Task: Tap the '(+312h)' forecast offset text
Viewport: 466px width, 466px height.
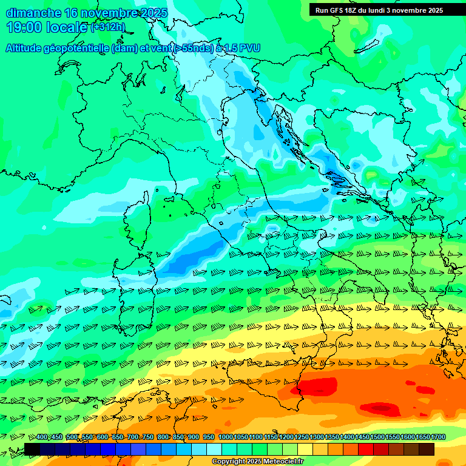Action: [x=108, y=27]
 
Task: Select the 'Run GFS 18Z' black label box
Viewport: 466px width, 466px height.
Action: [x=379, y=10]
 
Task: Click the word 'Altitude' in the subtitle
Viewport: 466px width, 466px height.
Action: [x=28, y=49]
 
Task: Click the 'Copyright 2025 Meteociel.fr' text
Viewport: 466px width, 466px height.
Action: [x=257, y=462]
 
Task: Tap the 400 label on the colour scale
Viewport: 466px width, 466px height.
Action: [x=42, y=437]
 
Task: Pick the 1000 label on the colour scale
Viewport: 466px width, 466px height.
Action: [x=226, y=437]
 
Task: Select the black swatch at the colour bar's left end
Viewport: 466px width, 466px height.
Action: [x=32, y=449]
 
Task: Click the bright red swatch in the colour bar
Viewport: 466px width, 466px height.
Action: [x=366, y=449]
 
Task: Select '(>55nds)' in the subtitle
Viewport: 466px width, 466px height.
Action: [x=193, y=49]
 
